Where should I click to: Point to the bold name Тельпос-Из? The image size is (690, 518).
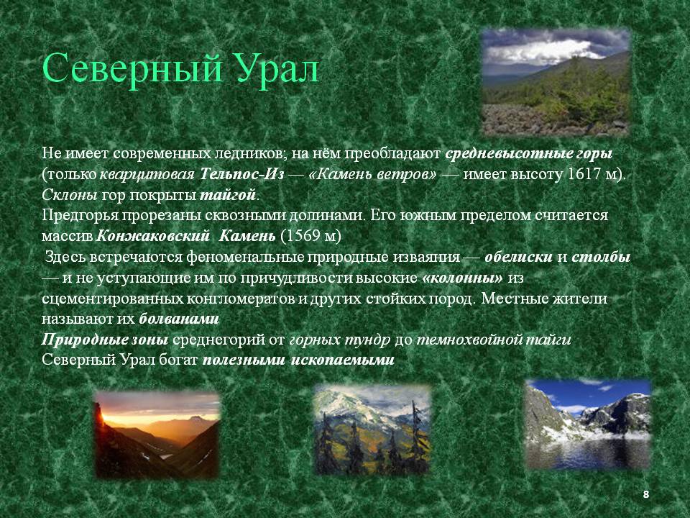coord(242,174)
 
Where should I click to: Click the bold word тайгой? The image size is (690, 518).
coord(228,195)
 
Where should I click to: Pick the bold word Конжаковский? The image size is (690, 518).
coord(152,236)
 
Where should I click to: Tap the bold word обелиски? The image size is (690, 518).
coord(518,257)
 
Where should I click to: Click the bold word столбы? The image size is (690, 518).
coord(601,257)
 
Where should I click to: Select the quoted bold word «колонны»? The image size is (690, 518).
coord(462,278)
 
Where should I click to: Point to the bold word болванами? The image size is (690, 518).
coord(179,319)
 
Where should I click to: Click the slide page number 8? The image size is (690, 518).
coord(646,494)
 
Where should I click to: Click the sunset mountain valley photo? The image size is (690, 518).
coord(157,435)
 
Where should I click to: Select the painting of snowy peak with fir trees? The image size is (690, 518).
coord(372,430)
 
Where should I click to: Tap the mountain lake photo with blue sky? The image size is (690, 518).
coord(588,424)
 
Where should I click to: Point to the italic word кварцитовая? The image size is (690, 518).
coord(147,175)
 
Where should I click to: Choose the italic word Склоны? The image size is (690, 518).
coord(70,195)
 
